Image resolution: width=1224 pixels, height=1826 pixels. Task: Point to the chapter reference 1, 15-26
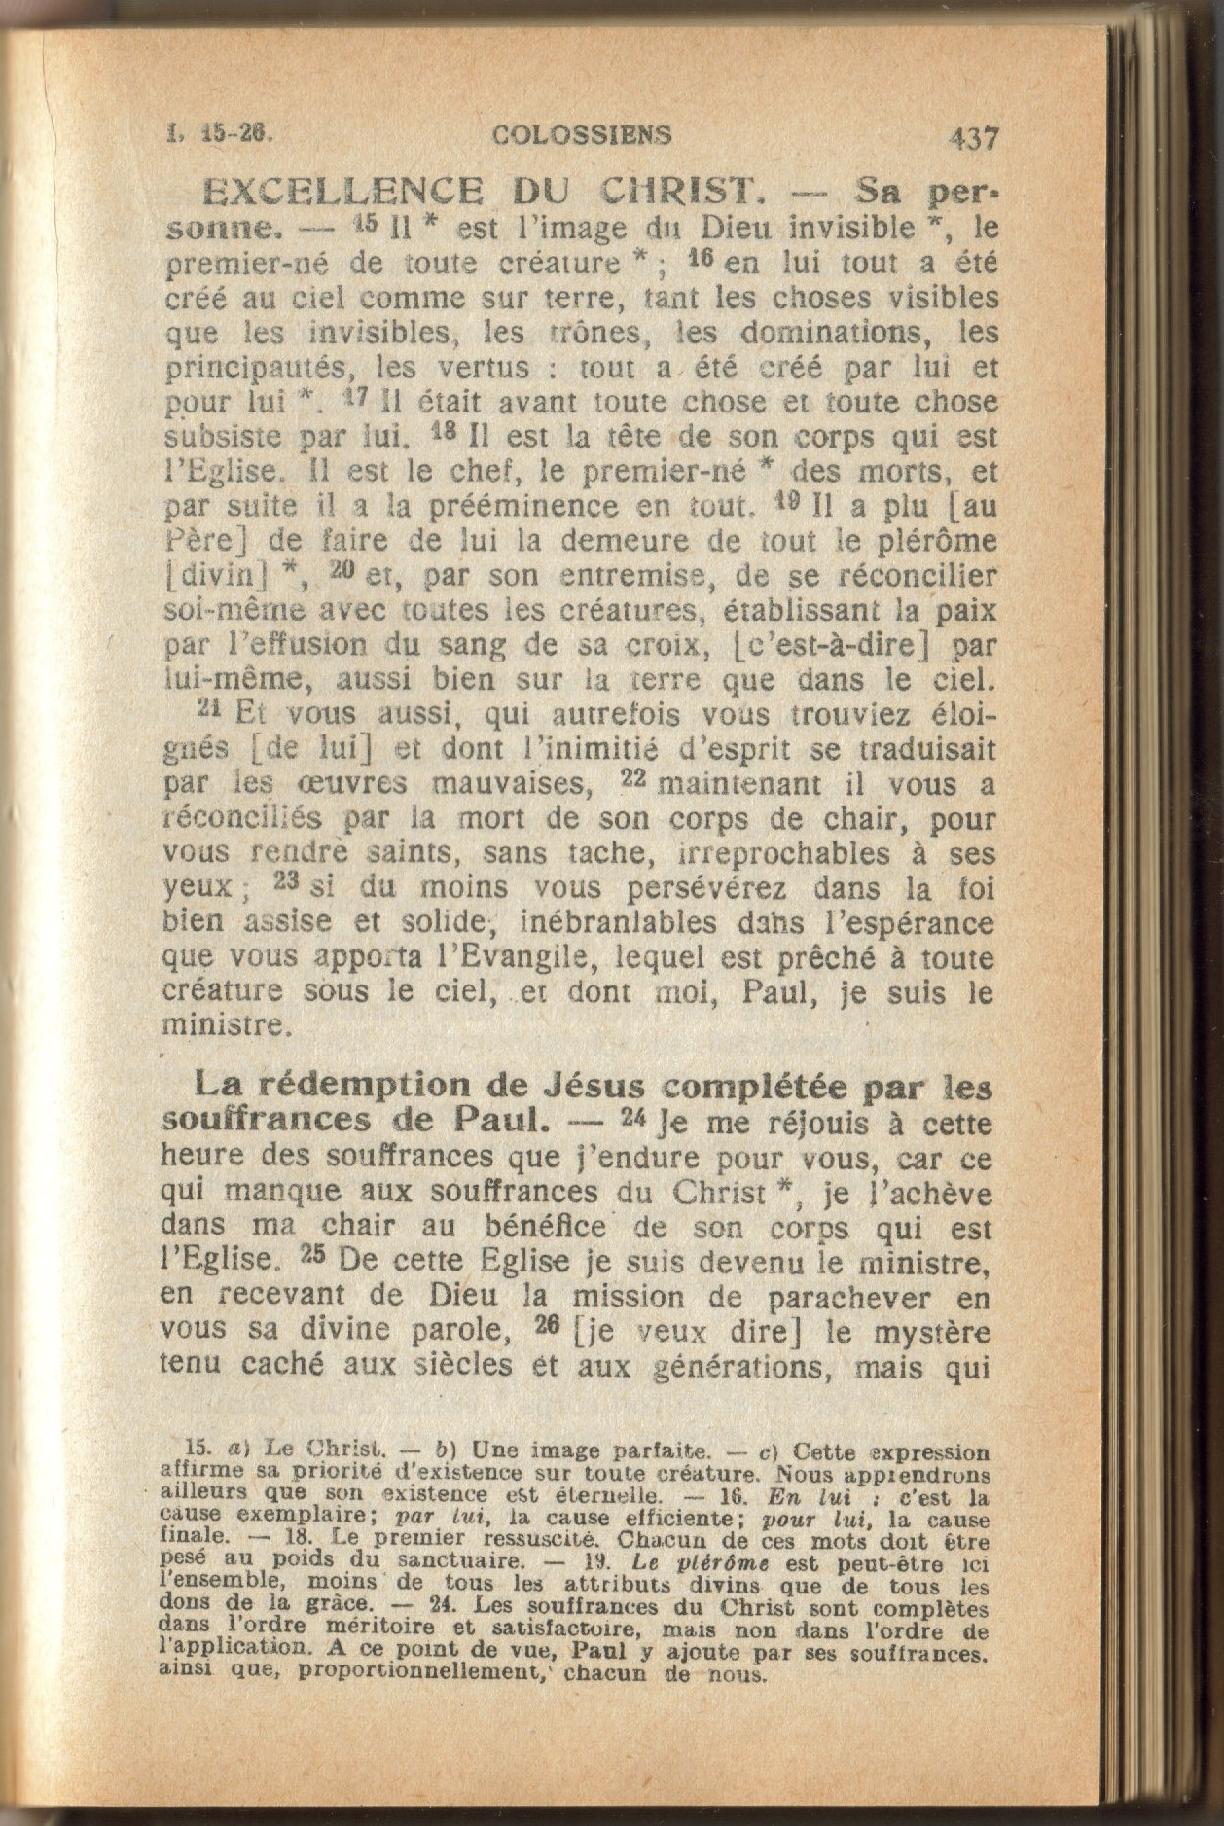(x=223, y=133)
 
